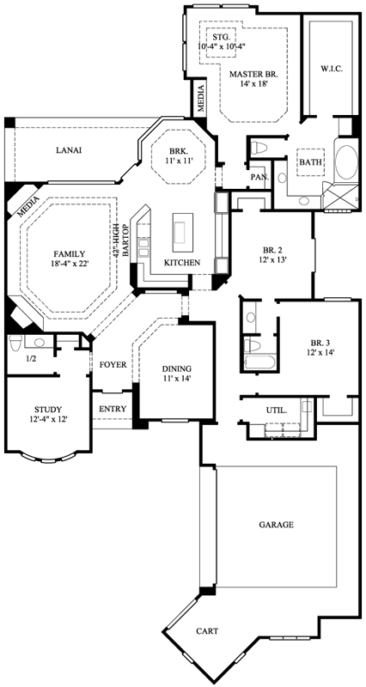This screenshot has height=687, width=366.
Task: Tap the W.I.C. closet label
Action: click(332, 67)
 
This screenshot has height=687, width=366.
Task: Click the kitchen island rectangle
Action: click(182, 231)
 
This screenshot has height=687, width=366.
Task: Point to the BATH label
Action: click(309, 161)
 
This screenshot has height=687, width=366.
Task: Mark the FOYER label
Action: click(113, 365)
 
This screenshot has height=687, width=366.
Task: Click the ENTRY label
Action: click(113, 408)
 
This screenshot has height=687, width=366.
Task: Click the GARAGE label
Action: click(276, 524)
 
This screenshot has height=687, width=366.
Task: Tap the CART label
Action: click(207, 631)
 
